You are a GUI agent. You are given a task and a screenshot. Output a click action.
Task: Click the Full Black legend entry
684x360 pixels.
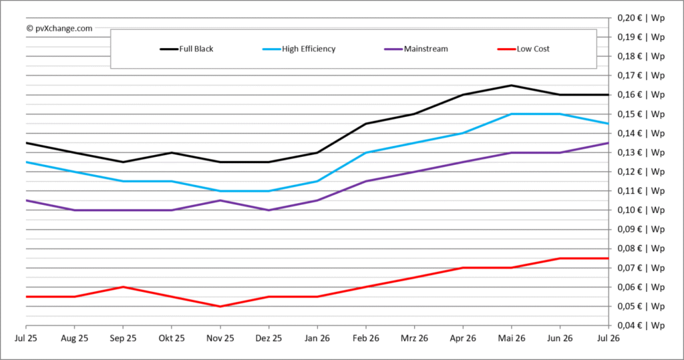click(187, 49)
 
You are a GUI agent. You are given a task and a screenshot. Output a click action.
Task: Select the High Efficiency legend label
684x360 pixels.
click(309, 49)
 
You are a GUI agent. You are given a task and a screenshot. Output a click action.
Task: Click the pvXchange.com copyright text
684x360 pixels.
click(59, 28)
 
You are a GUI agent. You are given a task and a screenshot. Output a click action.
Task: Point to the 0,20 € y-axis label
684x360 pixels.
click(641, 18)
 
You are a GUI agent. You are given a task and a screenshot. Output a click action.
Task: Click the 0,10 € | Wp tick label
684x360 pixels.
click(641, 210)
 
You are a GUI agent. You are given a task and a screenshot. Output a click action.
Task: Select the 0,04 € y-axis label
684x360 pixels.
click(641, 325)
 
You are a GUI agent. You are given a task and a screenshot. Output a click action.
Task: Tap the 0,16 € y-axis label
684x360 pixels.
click(641, 95)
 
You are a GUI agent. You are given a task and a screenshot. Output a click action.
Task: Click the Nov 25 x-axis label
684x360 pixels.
click(220, 338)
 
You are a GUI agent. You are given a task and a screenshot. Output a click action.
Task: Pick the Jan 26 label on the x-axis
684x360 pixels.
click(317, 338)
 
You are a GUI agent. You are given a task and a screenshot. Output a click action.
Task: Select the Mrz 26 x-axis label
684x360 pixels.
click(414, 338)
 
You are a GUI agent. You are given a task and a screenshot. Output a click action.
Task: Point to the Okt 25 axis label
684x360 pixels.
click(172, 338)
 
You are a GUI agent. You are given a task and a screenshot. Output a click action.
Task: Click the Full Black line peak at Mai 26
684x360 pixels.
click(511, 85)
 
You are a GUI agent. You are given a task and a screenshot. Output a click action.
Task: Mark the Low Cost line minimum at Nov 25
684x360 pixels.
click(220, 307)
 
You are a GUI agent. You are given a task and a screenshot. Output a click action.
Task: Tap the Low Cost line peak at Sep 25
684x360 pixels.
click(124, 287)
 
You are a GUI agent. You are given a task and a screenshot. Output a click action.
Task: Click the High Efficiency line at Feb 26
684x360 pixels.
click(366, 153)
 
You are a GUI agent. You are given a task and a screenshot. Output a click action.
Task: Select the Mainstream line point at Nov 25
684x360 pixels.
click(220, 200)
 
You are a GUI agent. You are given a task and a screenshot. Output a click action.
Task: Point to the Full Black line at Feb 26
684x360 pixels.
click(366, 124)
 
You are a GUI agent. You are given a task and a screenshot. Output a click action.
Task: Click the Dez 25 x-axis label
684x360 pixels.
click(269, 338)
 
